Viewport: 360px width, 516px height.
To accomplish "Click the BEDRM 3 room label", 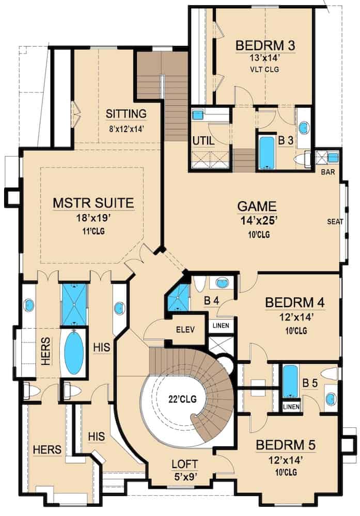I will coord(265,45).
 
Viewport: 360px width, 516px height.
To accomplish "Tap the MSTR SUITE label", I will coord(93,203).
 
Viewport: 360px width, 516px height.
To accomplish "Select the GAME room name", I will coord(257,206).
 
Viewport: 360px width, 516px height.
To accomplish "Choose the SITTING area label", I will coord(126,114).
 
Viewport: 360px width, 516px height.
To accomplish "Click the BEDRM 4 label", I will coord(295,302).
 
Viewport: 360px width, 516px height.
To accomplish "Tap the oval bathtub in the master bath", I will coord(73,353).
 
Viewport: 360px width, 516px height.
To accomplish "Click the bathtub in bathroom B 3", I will coord(267,152).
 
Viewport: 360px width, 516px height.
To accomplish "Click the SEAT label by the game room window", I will coord(335,221).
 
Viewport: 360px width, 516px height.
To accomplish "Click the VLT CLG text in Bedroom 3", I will coord(265,69).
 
